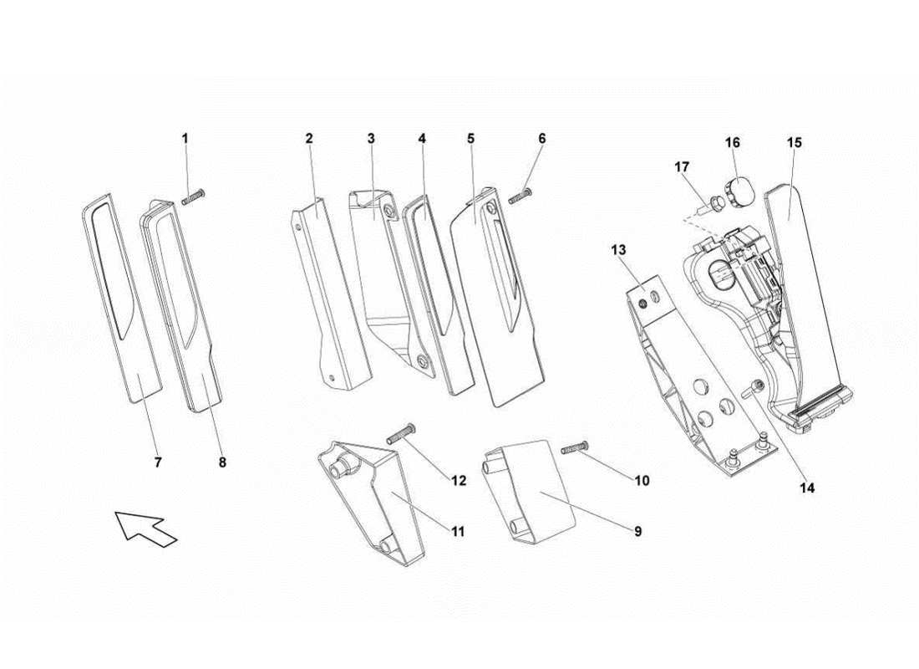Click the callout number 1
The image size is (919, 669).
pos(185,138)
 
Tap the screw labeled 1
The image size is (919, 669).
pos(193,197)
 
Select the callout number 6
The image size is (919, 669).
pos(541,138)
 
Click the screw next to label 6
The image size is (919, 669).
pos(520,196)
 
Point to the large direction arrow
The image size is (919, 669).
pos(146,529)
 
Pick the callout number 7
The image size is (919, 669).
pos(158,461)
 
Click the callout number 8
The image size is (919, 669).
pos(222,461)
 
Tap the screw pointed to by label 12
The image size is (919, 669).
pos(401,435)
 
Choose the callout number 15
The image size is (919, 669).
pos(794,143)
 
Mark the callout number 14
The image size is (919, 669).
pos(807,486)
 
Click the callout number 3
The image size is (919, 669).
pos(370,138)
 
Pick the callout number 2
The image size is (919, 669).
pos(308,138)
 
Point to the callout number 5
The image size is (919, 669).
pos(470,138)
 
